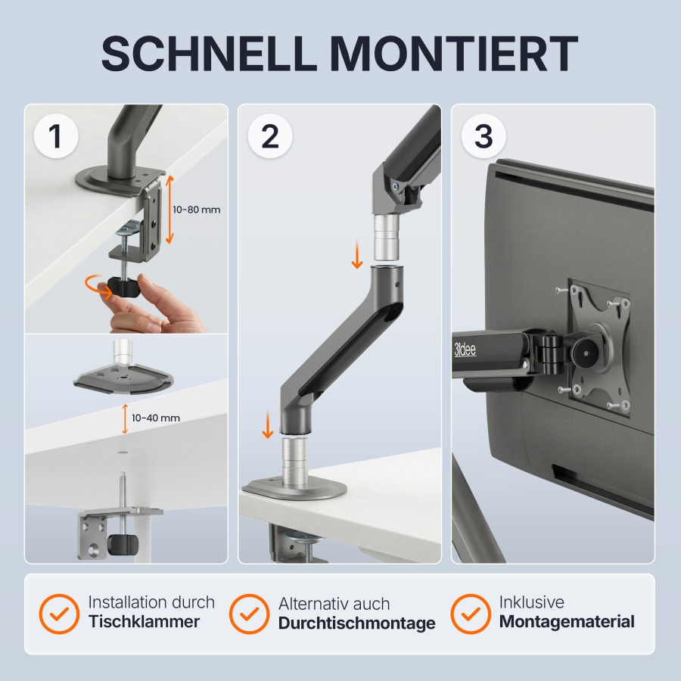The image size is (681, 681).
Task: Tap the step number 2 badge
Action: pos(269,136)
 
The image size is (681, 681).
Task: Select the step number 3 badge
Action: pos(483,136)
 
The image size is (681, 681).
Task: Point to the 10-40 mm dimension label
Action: pos(155,418)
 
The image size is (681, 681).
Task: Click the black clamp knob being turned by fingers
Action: pos(120,286)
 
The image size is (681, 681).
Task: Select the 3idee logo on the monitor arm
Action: pos(465,350)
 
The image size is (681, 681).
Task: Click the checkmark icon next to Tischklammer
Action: pos(59,612)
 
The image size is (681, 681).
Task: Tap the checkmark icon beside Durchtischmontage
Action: pos(249,613)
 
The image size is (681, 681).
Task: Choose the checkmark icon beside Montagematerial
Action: pos(470,612)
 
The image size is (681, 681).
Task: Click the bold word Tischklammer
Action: pos(144,622)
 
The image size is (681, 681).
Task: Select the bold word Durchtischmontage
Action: pos(356,623)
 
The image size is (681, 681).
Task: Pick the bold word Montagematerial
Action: pos(567,622)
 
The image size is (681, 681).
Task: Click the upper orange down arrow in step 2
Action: pos(357,257)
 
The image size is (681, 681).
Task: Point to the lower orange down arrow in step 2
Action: pos(267,426)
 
